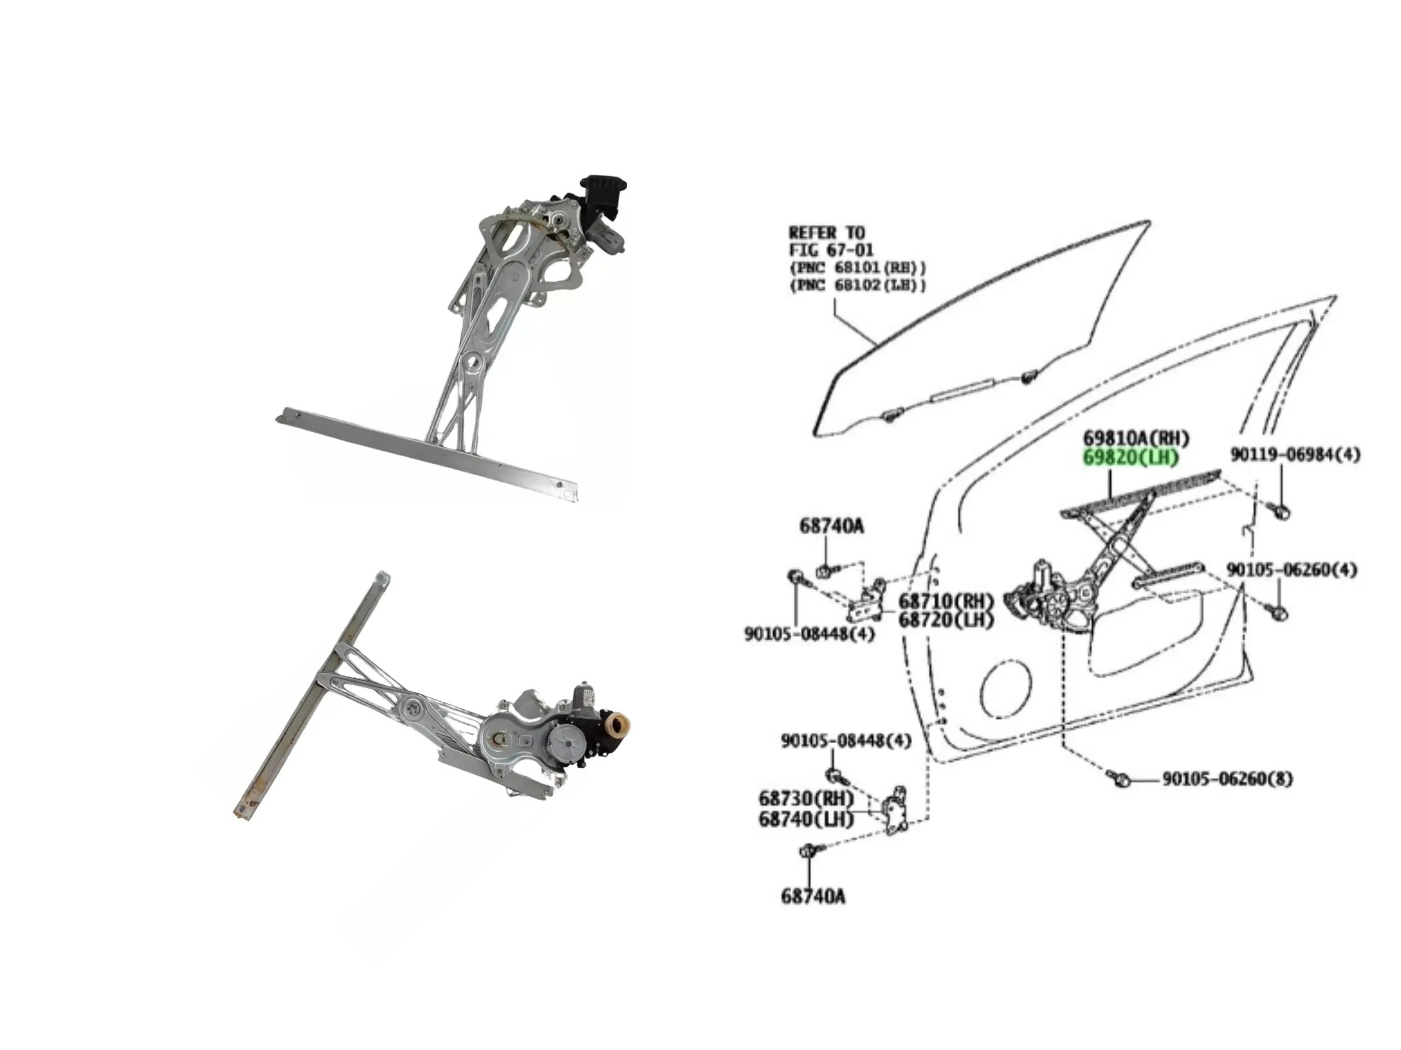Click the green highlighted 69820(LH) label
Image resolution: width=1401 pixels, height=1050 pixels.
pos(1131,458)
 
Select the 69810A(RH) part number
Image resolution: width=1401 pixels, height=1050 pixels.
pos(1136,438)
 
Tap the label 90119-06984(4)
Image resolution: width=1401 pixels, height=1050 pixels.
pos(1295,454)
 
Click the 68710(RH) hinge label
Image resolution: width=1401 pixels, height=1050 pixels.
pos(946,600)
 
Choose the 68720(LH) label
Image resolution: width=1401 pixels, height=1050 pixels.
pos(946,620)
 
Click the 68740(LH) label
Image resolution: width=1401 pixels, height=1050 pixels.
pos(806,819)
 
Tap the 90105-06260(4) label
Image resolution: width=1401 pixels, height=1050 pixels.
pos(1292,570)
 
